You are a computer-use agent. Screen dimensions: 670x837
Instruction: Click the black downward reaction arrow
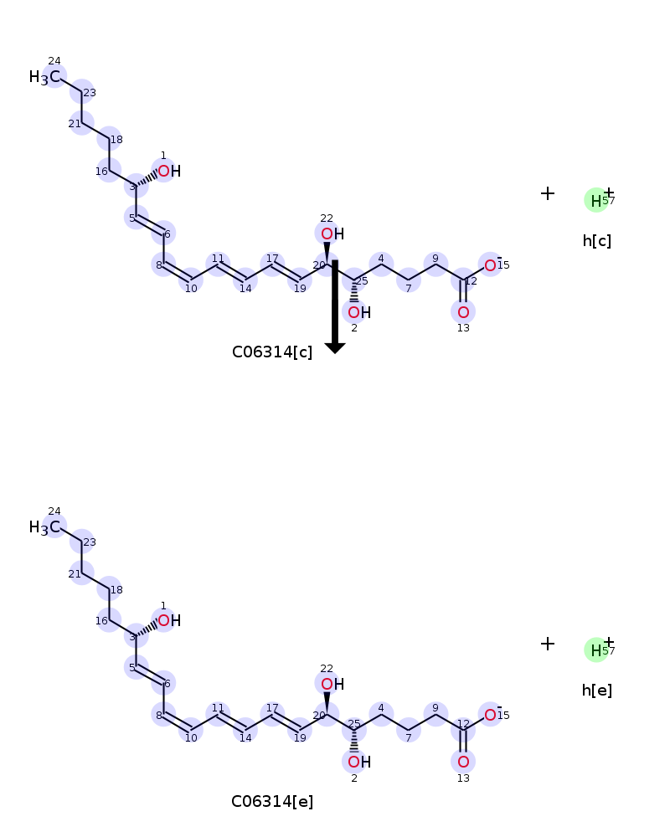pyautogui.click(x=335, y=306)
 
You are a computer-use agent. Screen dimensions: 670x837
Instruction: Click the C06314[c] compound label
pyautogui.click(x=272, y=352)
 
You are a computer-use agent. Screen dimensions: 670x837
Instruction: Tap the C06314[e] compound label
pyautogui.click(x=272, y=802)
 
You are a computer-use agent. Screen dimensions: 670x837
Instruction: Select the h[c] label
pyautogui.click(x=597, y=241)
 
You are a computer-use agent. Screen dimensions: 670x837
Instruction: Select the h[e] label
pyautogui.click(x=597, y=691)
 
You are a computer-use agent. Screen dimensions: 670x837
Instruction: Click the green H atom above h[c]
pyautogui.click(x=596, y=201)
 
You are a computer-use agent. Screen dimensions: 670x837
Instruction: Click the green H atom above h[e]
pyautogui.click(x=596, y=650)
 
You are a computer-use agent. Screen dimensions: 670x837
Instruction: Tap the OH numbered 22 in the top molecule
pyautogui.click(x=332, y=234)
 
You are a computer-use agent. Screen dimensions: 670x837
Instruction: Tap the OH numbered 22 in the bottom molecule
pyautogui.click(x=332, y=684)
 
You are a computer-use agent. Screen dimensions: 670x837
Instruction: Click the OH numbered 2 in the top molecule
pyautogui.click(x=359, y=312)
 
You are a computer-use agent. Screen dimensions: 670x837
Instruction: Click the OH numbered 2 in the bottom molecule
pyautogui.click(x=359, y=762)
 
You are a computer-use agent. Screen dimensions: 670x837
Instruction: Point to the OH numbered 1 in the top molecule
pyautogui.click(x=169, y=171)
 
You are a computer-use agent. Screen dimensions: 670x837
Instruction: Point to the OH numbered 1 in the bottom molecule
pyautogui.click(x=169, y=620)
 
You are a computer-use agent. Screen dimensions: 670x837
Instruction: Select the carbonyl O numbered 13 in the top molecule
pyautogui.click(x=463, y=311)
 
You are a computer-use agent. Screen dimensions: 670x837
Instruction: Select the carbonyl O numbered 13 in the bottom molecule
pyautogui.click(x=463, y=762)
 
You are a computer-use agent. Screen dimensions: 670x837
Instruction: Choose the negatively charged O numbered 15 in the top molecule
pyautogui.click(x=491, y=265)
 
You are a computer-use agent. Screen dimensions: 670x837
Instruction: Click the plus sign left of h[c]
pyautogui.click(x=547, y=193)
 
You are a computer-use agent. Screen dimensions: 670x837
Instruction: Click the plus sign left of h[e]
pyautogui.click(x=547, y=643)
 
